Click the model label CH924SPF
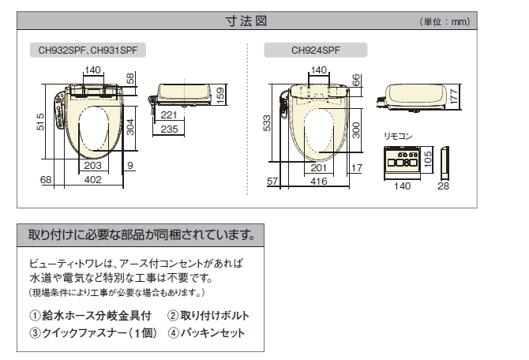click(316, 49)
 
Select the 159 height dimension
click(220, 94)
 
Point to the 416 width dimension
click(319, 182)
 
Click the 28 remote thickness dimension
click(443, 186)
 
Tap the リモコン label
click(398, 136)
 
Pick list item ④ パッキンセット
click(206, 333)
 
